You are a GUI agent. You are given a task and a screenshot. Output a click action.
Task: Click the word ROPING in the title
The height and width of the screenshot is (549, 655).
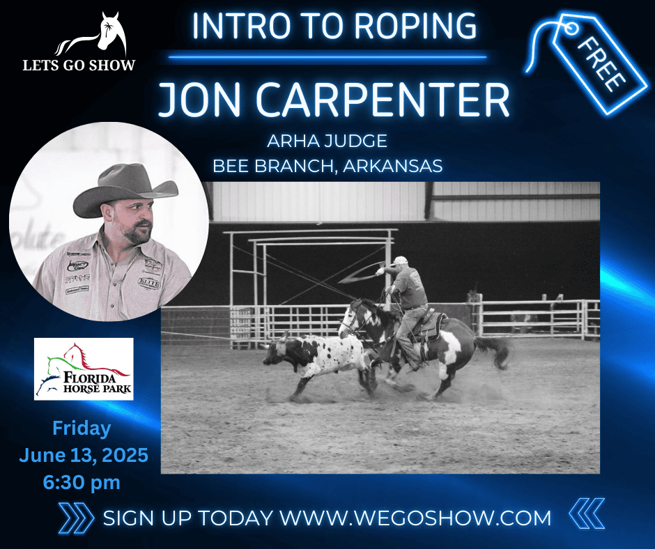click(x=417, y=26)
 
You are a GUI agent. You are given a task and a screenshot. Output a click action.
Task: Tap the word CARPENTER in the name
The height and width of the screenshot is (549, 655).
click(x=383, y=100)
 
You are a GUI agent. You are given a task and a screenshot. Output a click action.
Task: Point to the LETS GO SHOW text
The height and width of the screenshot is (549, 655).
click(x=79, y=65)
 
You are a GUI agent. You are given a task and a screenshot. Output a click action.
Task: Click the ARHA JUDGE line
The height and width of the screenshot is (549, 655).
click(x=327, y=141)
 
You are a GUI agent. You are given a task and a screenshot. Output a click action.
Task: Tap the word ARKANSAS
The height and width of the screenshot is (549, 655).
click(x=393, y=167)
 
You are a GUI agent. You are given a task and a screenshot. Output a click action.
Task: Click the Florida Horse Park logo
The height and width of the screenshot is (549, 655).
click(x=84, y=369)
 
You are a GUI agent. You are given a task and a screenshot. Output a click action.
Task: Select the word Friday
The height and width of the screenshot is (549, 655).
click(x=82, y=429)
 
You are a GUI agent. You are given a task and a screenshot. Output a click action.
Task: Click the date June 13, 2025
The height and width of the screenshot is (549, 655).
click(x=84, y=455)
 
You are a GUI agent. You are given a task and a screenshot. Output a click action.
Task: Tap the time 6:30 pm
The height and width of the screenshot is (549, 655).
click(x=82, y=483)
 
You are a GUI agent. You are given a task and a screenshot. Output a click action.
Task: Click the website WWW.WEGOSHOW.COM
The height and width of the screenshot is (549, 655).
click(x=415, y=518)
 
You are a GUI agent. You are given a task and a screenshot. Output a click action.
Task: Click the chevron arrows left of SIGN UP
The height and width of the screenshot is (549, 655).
click(x=76, y=518)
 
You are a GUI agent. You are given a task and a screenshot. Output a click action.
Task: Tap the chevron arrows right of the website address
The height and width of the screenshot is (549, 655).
click(x=587, y=513)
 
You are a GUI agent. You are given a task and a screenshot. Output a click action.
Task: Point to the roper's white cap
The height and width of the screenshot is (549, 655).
click(x=400, y=261)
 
